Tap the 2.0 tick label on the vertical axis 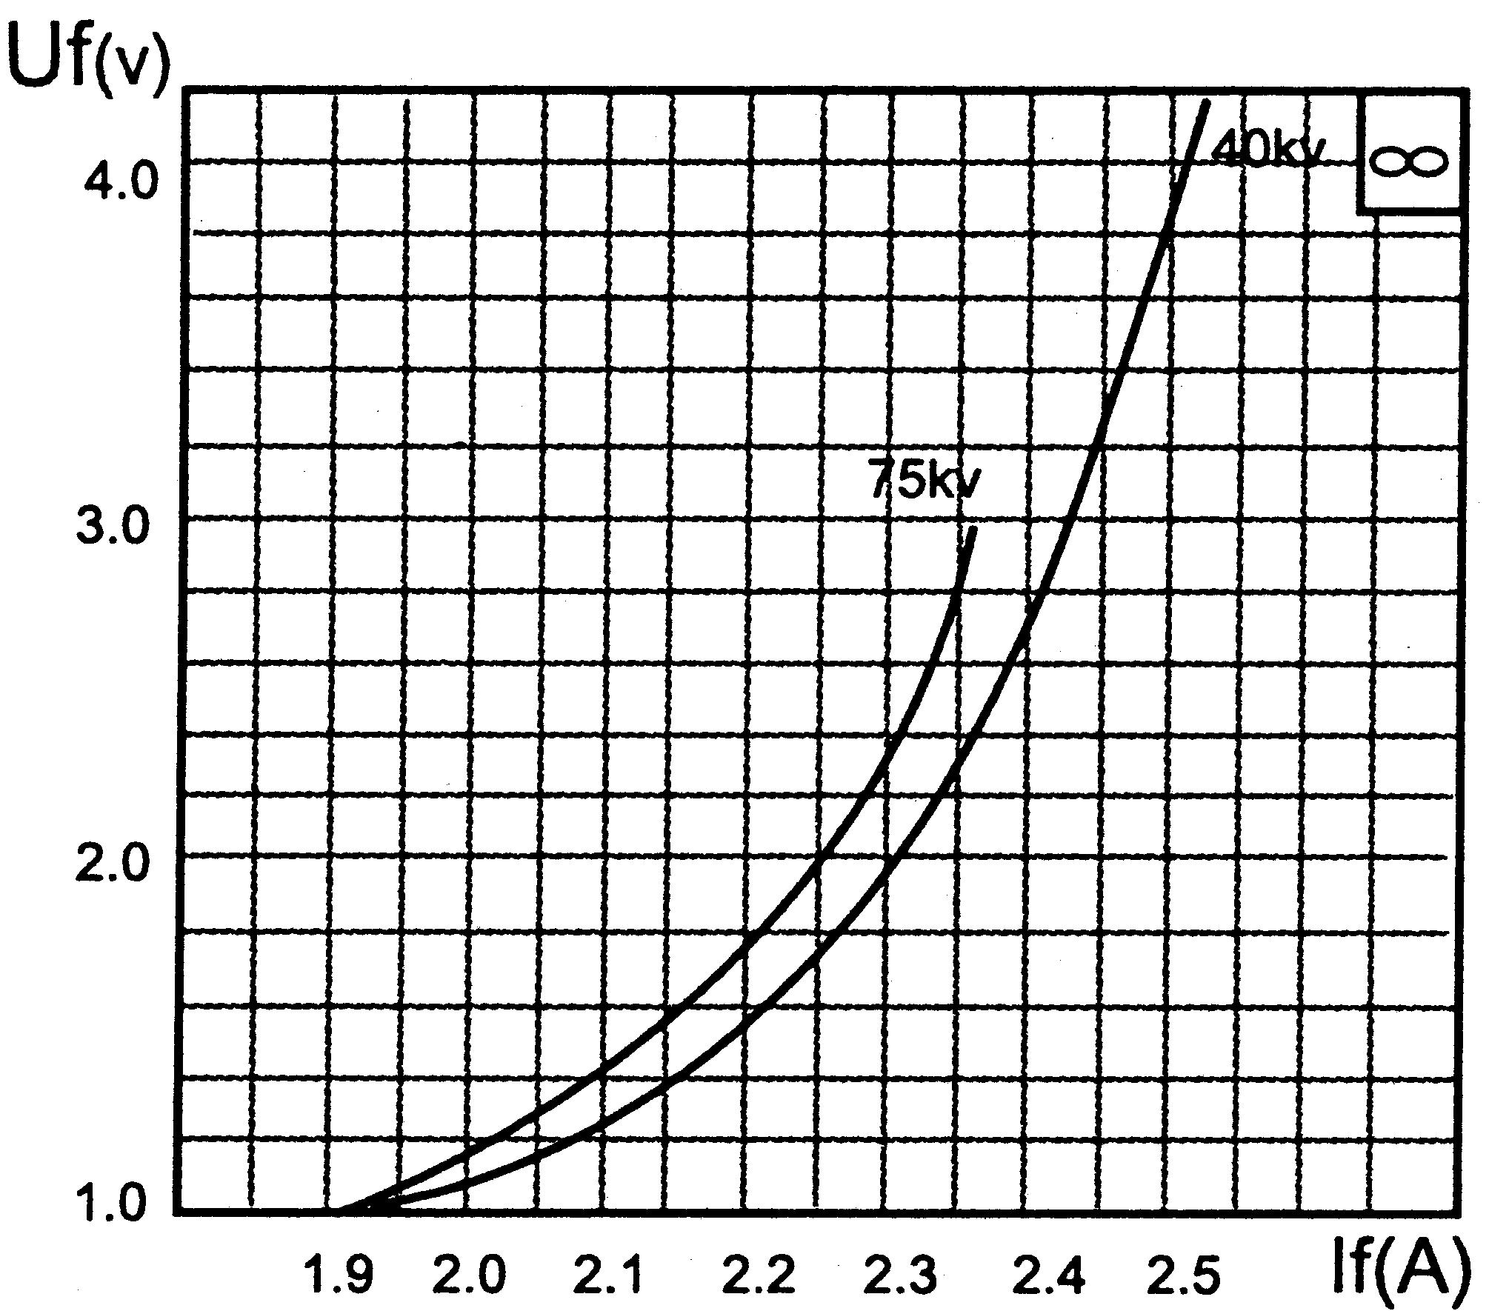click(113, 865)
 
